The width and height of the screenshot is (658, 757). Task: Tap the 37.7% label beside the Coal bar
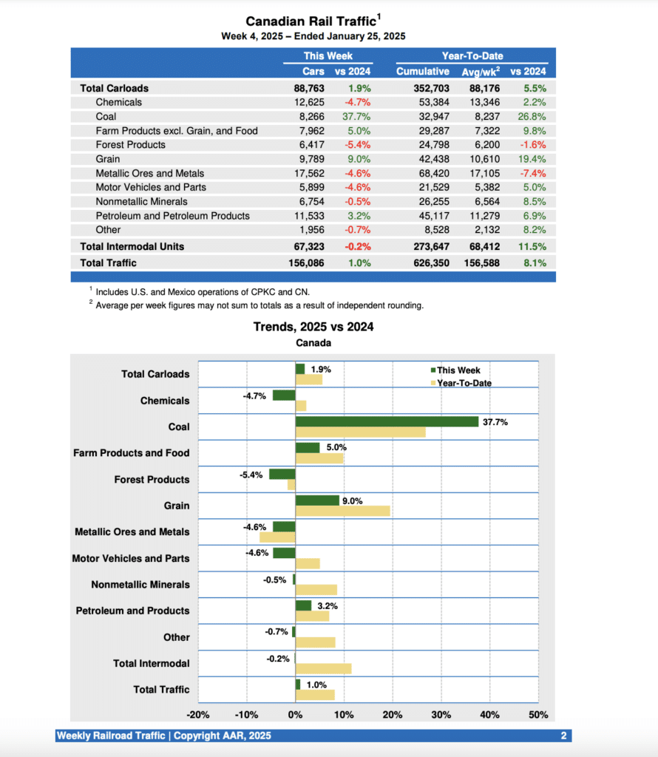point(495,421)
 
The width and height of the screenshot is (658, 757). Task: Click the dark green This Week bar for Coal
point(387,421)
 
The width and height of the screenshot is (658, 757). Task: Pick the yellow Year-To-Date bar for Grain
point(342,511)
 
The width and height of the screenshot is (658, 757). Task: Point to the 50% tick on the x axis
point(538,715)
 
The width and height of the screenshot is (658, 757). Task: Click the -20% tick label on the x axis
point(198,715)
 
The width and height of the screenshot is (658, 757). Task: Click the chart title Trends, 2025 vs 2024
point(313,327)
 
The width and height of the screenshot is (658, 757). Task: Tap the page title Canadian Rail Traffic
point(311,21)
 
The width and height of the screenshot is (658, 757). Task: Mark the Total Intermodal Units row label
point(132,246)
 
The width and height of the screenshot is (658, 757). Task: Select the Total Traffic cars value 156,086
point(304,262)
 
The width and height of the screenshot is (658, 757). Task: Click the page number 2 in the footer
point(563,736)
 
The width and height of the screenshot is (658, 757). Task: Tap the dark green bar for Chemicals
point(284,396)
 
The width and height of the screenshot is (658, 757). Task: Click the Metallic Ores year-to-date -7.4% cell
point(532,173)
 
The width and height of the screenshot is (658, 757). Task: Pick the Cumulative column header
point(422,72)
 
